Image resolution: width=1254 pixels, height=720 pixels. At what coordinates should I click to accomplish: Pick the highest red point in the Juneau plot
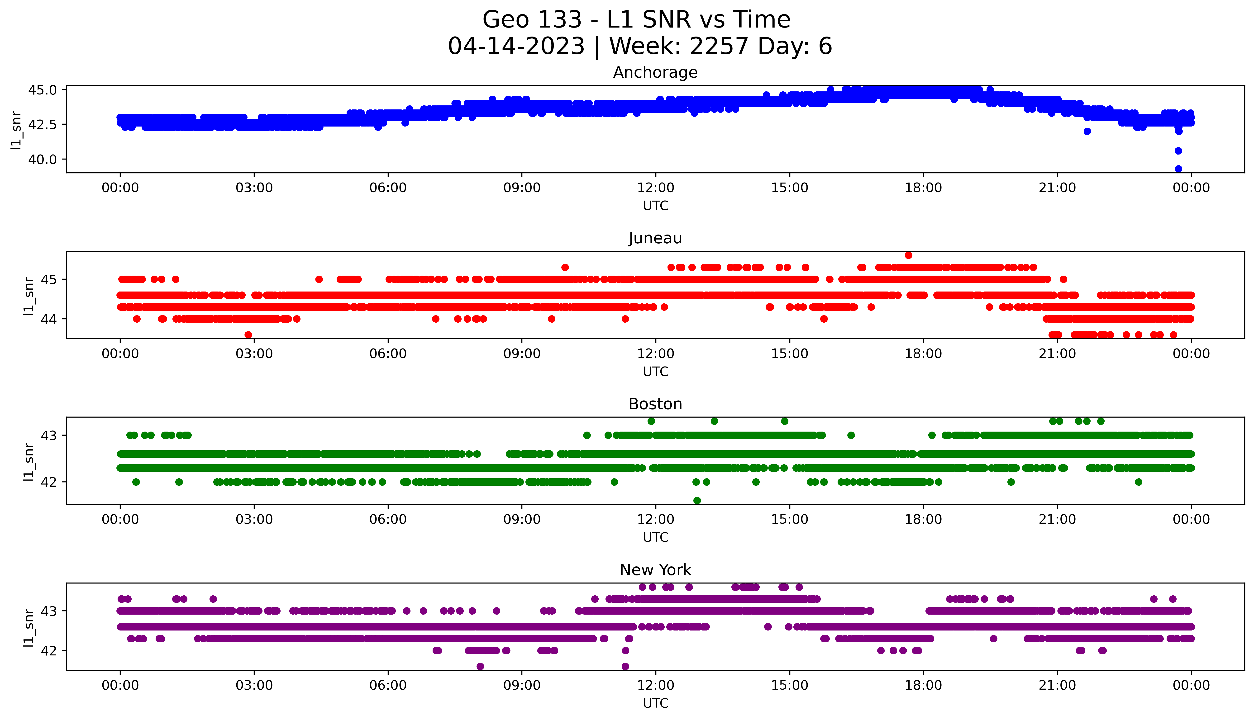click(x=908, y=255)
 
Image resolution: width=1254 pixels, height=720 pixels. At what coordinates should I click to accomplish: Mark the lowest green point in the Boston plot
click(x=697, y=500)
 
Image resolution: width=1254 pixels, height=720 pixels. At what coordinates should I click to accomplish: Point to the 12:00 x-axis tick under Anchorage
click(x=655, y=188)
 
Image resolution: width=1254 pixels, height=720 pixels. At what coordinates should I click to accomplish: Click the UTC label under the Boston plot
click(x=655, y=537)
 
